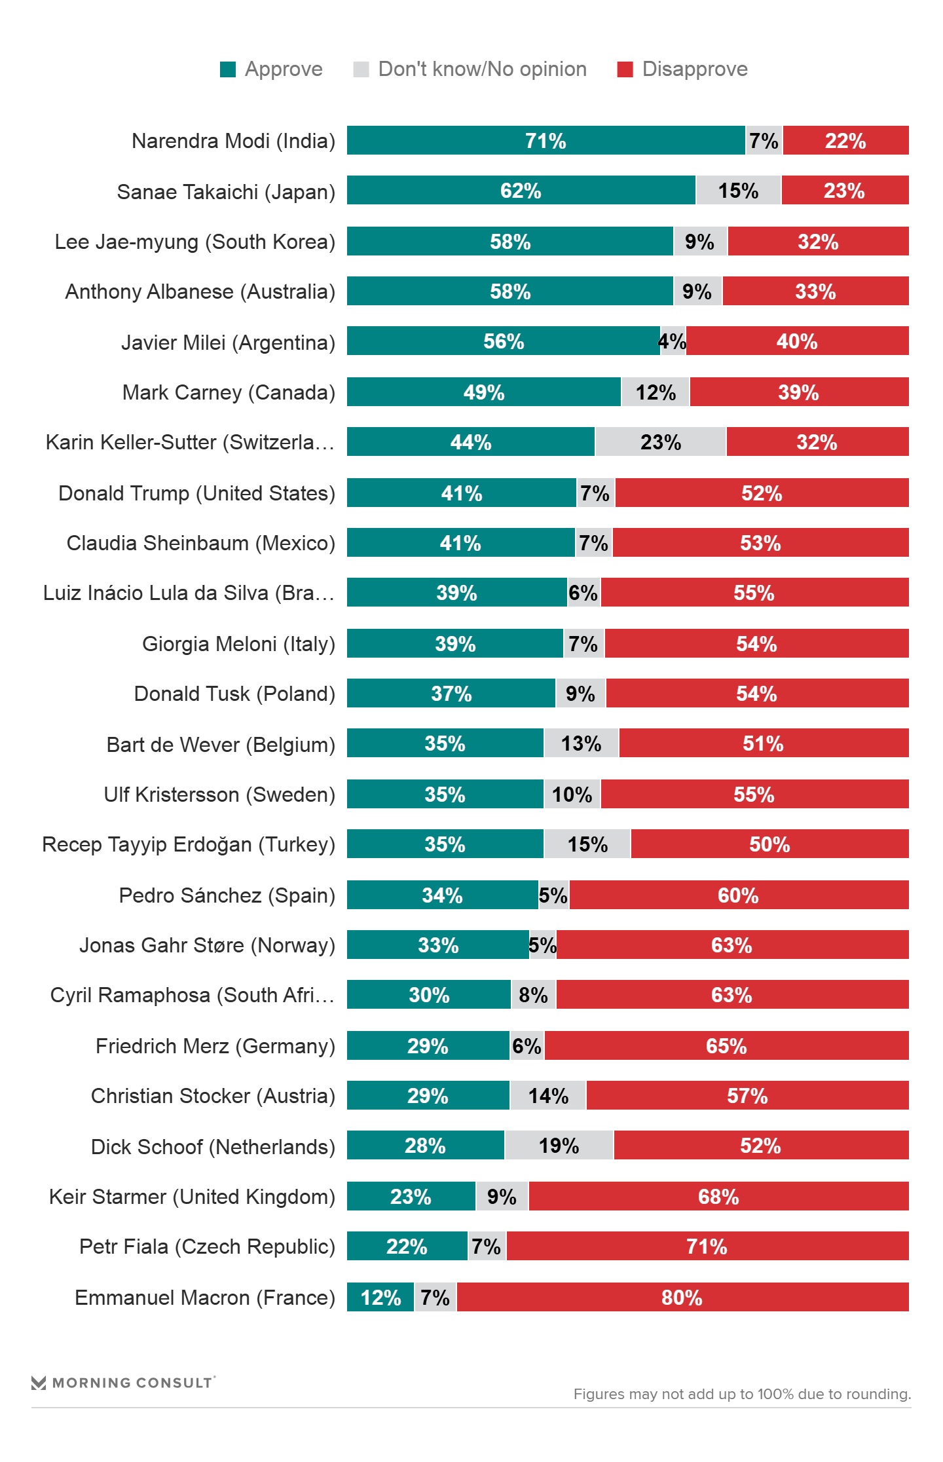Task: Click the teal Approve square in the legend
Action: click(228, 69)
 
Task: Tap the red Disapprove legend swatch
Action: click(625, 69)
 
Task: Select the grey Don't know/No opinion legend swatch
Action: click(361, 69)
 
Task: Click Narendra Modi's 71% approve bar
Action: click(545, 141)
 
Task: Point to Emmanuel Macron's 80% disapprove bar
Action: click(682, 1297)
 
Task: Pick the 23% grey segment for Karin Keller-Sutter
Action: click(660, 442)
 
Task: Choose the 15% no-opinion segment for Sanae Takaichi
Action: click(738, 191)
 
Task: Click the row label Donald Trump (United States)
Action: click(196, 493)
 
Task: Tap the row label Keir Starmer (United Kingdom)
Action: click(192, 1197)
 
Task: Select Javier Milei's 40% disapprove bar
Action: click(797, 341)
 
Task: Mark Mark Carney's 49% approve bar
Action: click(484, 392)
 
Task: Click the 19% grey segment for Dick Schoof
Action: click(559, 1146)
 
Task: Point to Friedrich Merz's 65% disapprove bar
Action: click(726, 1046)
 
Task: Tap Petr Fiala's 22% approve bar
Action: click(407, 1246)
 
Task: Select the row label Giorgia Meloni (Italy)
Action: click(238, 644)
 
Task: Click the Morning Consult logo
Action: click(123, 1382)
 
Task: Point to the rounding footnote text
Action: click(742, 1394)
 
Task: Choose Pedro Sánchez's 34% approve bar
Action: click(442, 895)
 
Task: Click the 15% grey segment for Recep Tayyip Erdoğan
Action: click(587, 844)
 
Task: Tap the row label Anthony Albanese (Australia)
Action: click(200, 291)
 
